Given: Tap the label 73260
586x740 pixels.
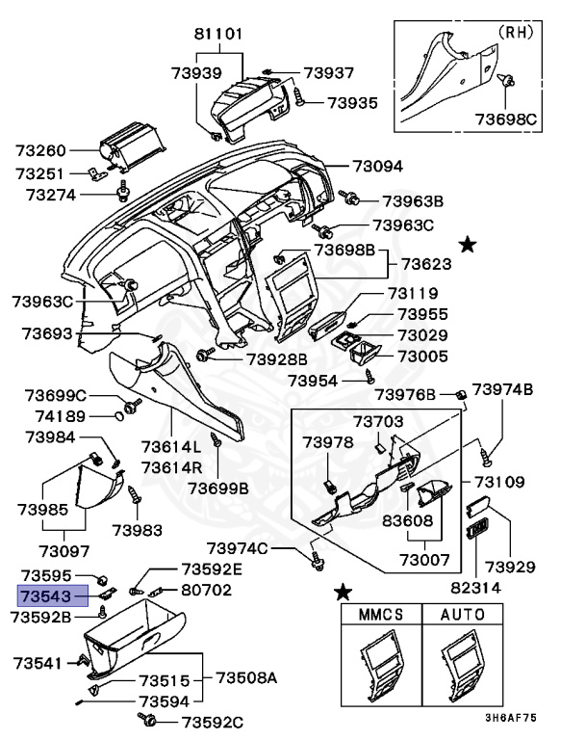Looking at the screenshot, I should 41,150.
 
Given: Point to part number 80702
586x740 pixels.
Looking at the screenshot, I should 207,589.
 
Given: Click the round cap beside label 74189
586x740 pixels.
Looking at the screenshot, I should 119,416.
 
